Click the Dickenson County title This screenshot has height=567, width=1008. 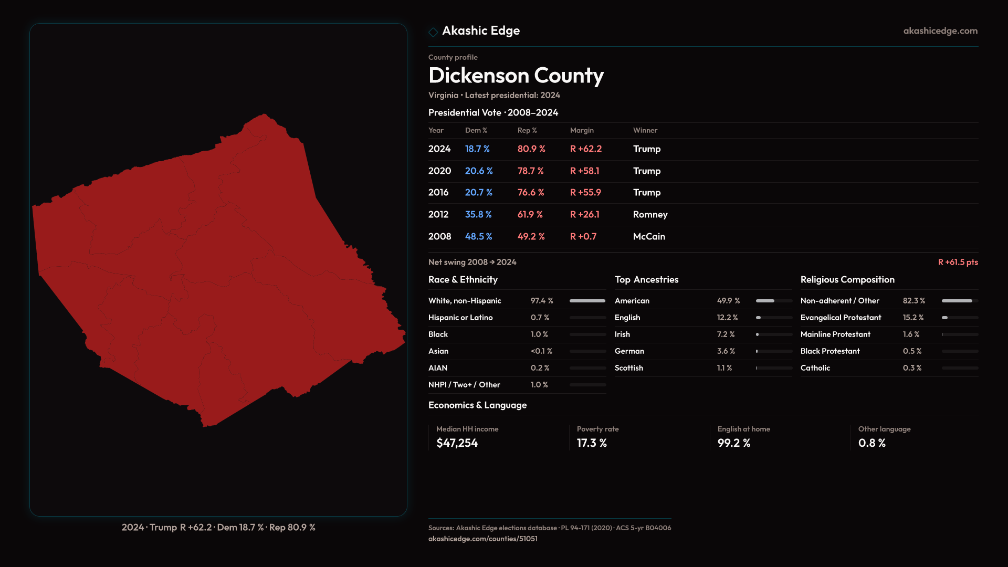[516, 76]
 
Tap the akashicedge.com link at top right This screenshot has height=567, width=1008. [940, 31]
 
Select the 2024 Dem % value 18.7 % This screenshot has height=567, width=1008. [477, 149]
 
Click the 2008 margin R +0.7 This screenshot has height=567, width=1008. [583, 237]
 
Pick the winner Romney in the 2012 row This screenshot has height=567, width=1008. [650, 215]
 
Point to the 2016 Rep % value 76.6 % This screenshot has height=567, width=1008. [531, 193]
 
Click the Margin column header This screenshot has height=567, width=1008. [582, 130]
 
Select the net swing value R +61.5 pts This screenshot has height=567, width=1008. [958, 262]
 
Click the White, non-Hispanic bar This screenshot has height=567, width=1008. [587, 301]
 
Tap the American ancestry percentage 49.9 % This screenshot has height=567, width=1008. [728, 301]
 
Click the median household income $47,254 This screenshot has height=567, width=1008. [457, 443]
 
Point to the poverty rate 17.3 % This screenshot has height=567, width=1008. [592, 443]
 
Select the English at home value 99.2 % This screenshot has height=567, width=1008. [733, 443]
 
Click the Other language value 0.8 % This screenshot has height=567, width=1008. [871, 443]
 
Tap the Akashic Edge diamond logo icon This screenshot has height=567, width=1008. [433, 32]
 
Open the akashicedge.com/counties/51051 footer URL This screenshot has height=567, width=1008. [482, 539]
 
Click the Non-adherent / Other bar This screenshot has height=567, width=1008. [959, 301]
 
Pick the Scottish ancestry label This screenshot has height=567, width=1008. [628, 368]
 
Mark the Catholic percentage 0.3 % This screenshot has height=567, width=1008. [912, 368]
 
